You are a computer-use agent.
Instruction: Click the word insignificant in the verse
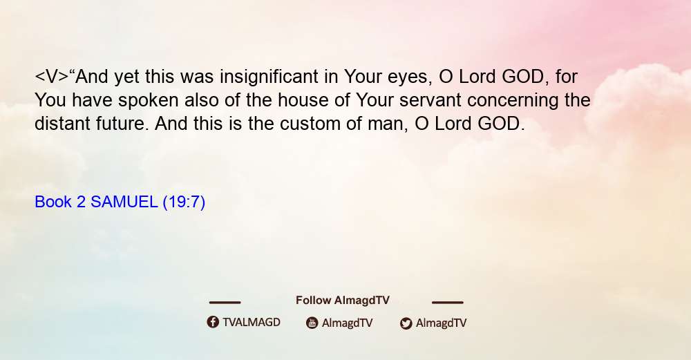point(269,77)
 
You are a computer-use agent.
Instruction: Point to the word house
point(303,100)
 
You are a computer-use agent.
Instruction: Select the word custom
point(310,124)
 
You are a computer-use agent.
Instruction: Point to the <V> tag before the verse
point(52,77)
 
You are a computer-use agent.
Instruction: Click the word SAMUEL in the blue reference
point(124,202)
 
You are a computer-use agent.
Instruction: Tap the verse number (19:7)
point(184,202)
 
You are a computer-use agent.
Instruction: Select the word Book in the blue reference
point(53,202)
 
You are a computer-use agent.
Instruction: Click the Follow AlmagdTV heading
point(343,300)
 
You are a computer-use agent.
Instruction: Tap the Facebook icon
point(213,322)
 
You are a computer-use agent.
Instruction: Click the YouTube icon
point(312,323)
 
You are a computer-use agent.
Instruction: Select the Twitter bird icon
point(406,323)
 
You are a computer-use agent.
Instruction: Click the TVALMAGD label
point(252,322)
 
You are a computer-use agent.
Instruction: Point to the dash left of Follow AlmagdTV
point(225,302)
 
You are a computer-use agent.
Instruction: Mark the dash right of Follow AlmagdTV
point(448,302)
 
